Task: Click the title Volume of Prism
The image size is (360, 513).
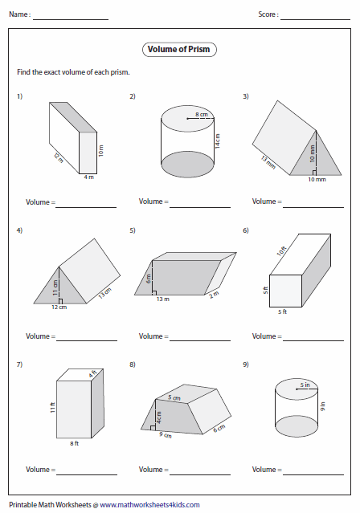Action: click(181, 50)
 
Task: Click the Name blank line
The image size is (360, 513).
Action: click(71, 18)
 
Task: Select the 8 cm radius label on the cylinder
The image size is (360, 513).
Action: click(201, 117)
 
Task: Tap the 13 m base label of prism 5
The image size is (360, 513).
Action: click(185, 299)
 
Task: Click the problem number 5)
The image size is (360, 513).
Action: click(132, 230)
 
